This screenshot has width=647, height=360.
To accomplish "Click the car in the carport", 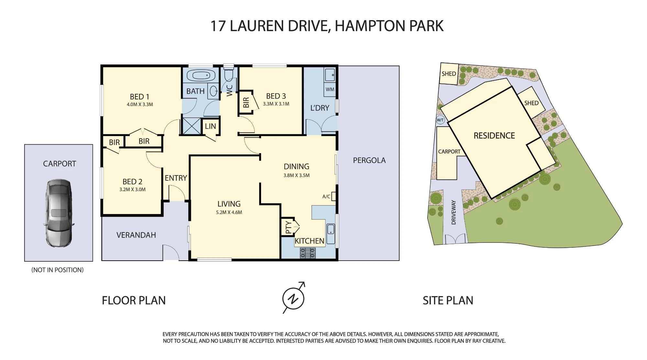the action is (x=59, y=213).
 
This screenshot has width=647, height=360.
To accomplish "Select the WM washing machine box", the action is (x=330, y=89).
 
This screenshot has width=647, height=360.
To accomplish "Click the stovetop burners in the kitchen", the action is (x=308, y=253).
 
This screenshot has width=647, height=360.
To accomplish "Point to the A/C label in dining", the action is (x=326, y=197).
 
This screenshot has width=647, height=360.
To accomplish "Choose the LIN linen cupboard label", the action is (x=210, y=126).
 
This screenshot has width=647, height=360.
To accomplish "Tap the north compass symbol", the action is (x=293, y=298).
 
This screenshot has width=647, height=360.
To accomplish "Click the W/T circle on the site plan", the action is (x=440, y=120).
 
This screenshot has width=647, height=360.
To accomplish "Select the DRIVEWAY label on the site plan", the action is (x=454, y=212).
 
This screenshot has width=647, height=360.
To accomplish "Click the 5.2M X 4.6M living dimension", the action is (x=229, y=212).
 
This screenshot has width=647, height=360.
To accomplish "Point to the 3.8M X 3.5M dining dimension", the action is (x=296, y=175).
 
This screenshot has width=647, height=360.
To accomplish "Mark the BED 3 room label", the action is (x=276, y=96).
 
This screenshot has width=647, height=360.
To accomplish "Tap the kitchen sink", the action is (x=331, y=234).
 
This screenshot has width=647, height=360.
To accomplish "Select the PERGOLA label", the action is (x=369, y=160).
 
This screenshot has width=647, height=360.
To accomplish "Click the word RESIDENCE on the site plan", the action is (x=494, y=136).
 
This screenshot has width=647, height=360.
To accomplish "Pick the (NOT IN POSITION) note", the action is (x=58, y=270).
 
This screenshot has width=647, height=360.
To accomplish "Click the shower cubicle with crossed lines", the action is (x=192, y=126).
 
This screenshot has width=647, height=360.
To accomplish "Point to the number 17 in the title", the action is (x=218, y=26).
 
